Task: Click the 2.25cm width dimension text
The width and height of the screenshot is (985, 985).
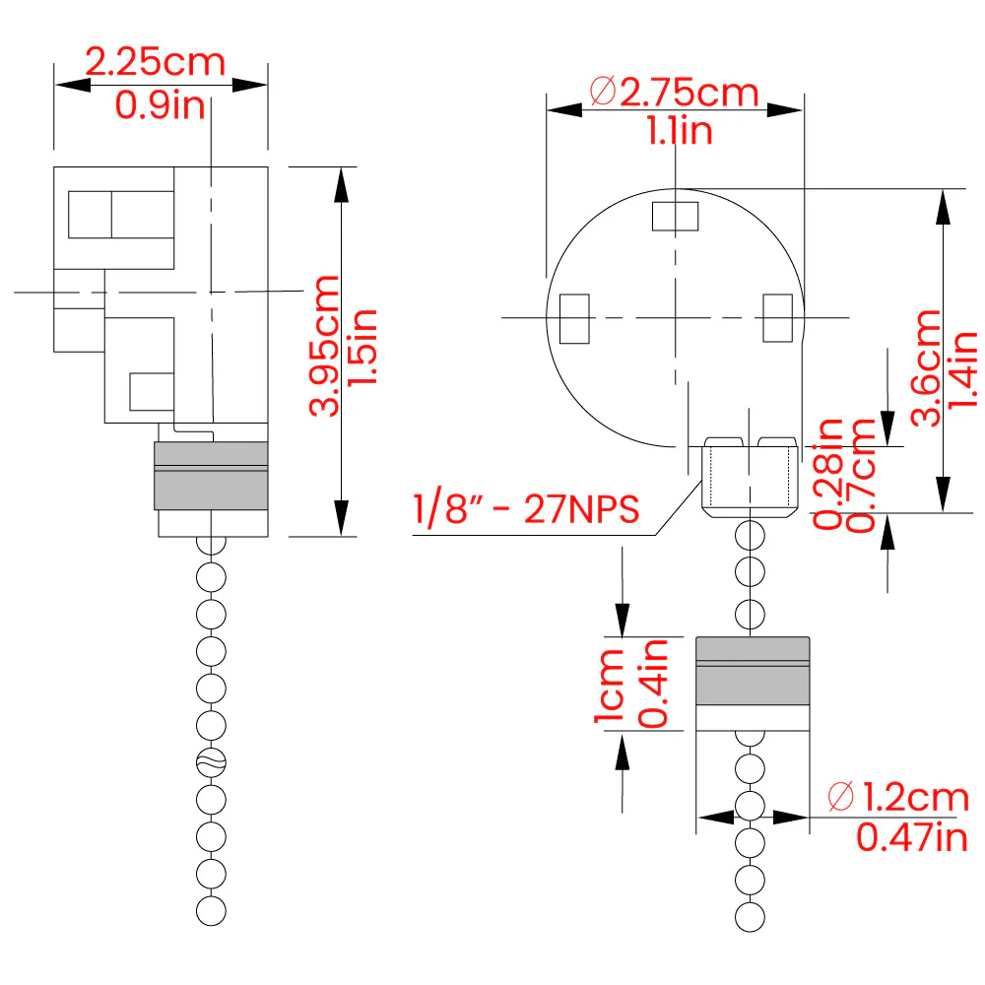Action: coord(156,62)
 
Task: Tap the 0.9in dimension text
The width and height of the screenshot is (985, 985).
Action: coord(161,105)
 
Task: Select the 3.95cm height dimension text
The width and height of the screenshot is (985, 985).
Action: coord(324,346)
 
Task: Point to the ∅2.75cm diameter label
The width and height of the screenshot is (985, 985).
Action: coord(674,93)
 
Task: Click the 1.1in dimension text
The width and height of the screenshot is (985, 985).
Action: coord(680,131)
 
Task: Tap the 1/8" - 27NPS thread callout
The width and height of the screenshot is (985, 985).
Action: coord(526,508)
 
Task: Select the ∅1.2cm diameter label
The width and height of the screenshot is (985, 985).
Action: coord(898,797)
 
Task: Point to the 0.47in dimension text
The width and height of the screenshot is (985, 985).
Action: coord(912,837)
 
